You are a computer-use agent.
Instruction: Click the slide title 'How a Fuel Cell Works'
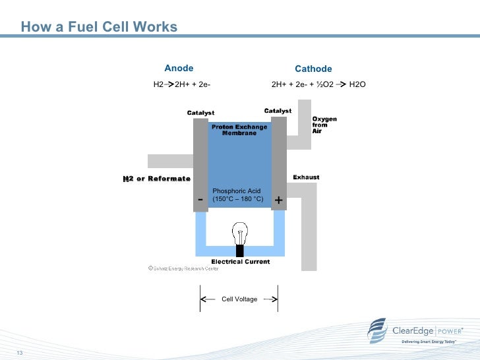(99, 27)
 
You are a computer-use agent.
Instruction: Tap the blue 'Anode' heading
(179, 68)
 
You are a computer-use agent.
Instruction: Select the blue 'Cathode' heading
(313, 69)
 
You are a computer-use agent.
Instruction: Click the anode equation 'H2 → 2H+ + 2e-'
(182, 84)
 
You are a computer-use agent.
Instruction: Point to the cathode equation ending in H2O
(318, 84)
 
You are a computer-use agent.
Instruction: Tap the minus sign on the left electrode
(200, 198)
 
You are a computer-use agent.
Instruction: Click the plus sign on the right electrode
(278, 199)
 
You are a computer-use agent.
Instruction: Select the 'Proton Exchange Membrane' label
(239, 129)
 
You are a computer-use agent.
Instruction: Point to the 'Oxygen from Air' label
(324, 125)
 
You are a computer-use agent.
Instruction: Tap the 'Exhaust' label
(306, 177)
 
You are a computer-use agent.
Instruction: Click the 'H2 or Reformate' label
(157, 179)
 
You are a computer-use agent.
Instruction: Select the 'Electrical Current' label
(240, 262)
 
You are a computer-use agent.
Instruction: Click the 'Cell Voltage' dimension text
(239, 299)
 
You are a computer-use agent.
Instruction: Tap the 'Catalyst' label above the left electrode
(200, 113)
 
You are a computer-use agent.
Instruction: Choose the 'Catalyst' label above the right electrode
(278, 111)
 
